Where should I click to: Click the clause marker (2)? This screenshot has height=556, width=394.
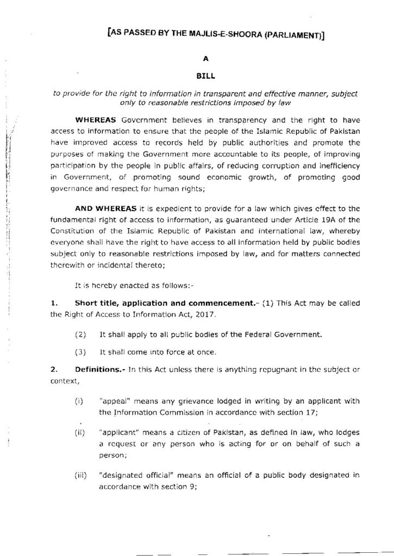[x=80, y=334]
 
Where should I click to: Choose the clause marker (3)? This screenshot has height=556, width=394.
[x=80, y=351]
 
